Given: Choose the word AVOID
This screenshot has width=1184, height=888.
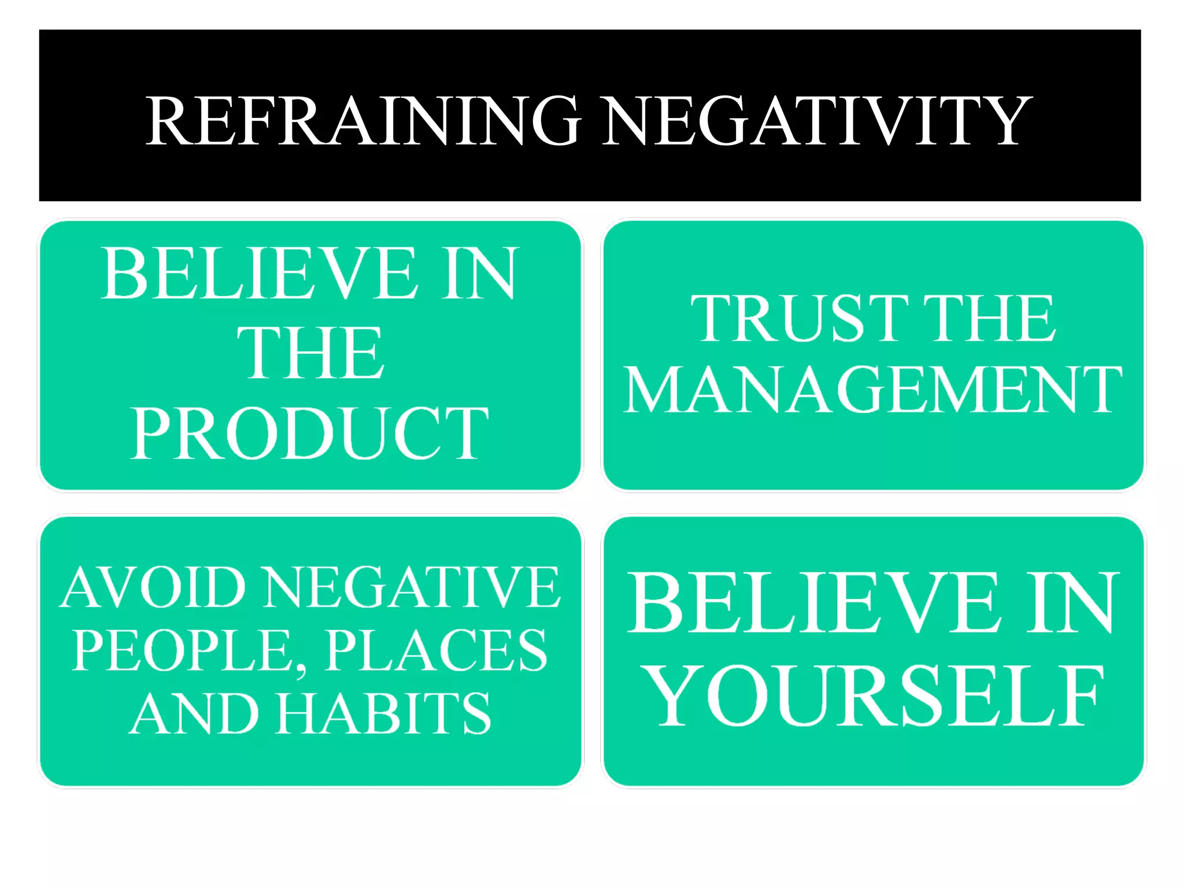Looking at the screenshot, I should click(154, 587).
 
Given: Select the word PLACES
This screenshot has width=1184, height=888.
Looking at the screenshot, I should click(436, 651).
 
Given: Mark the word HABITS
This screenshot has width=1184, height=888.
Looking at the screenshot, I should click(383, 713).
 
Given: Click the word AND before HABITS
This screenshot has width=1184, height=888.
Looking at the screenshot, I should click(194, 713).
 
